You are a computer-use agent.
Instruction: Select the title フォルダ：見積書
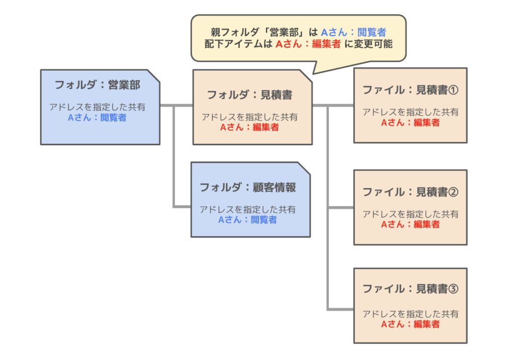(x=250, y=95)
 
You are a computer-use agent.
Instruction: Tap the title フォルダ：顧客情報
(x=247, y=188)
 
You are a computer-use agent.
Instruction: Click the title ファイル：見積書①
(x=410, y=90)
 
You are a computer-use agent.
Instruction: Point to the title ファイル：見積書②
(x=410, y=192)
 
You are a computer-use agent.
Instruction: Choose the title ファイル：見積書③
(x=410, y=289)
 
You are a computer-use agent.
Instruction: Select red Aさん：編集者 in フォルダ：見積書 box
(x=249, y=128)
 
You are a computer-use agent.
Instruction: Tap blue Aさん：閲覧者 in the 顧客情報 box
(x=247, y=220)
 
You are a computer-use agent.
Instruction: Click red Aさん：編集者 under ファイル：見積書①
(x=410, y=122)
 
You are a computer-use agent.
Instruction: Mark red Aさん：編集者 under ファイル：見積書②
(x=410, y=224)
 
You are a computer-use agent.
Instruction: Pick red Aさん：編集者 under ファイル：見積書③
(x=410, y=324)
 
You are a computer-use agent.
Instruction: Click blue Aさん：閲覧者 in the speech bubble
(x=354, y=33)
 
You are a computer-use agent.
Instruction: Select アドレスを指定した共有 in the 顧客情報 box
(x=247, y=209)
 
